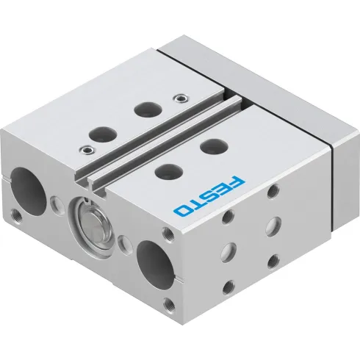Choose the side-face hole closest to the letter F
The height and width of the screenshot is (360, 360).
pos(274,192)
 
